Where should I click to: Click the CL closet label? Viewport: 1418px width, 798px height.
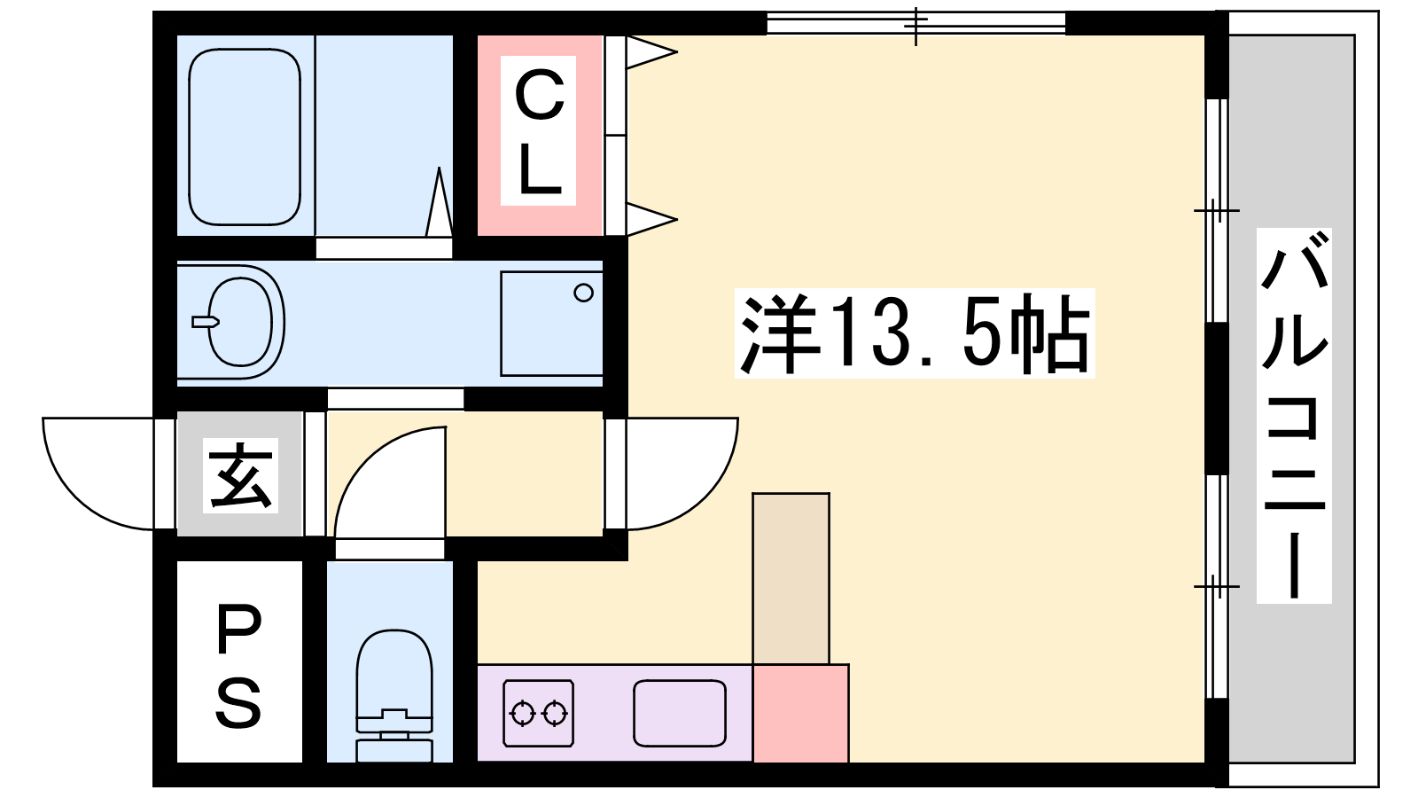click(x=539, y=131)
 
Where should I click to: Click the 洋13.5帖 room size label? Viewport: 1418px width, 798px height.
click(x=915, y=333)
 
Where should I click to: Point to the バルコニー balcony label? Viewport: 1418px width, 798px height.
click(x=1294, y=415)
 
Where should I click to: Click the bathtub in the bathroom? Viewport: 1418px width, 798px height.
click(x=245, y=137)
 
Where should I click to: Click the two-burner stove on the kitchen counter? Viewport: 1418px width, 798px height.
click(x=539, y=713)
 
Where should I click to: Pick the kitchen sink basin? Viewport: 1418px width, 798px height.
click(x=679, y=713)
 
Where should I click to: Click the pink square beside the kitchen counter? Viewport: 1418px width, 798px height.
click(x=801, y=713)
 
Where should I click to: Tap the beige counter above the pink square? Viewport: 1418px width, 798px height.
click(x=791, y=578)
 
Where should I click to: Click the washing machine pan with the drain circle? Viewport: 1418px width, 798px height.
click(x=551, y=324)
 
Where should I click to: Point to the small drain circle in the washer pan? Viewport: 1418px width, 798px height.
click(x=584, y=293)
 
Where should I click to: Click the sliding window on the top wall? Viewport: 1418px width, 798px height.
click(x=916, y=23)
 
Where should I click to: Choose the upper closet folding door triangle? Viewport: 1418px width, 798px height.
click(x=652, y=51)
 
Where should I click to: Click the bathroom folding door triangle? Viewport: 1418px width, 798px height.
click(x=440, y=203)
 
